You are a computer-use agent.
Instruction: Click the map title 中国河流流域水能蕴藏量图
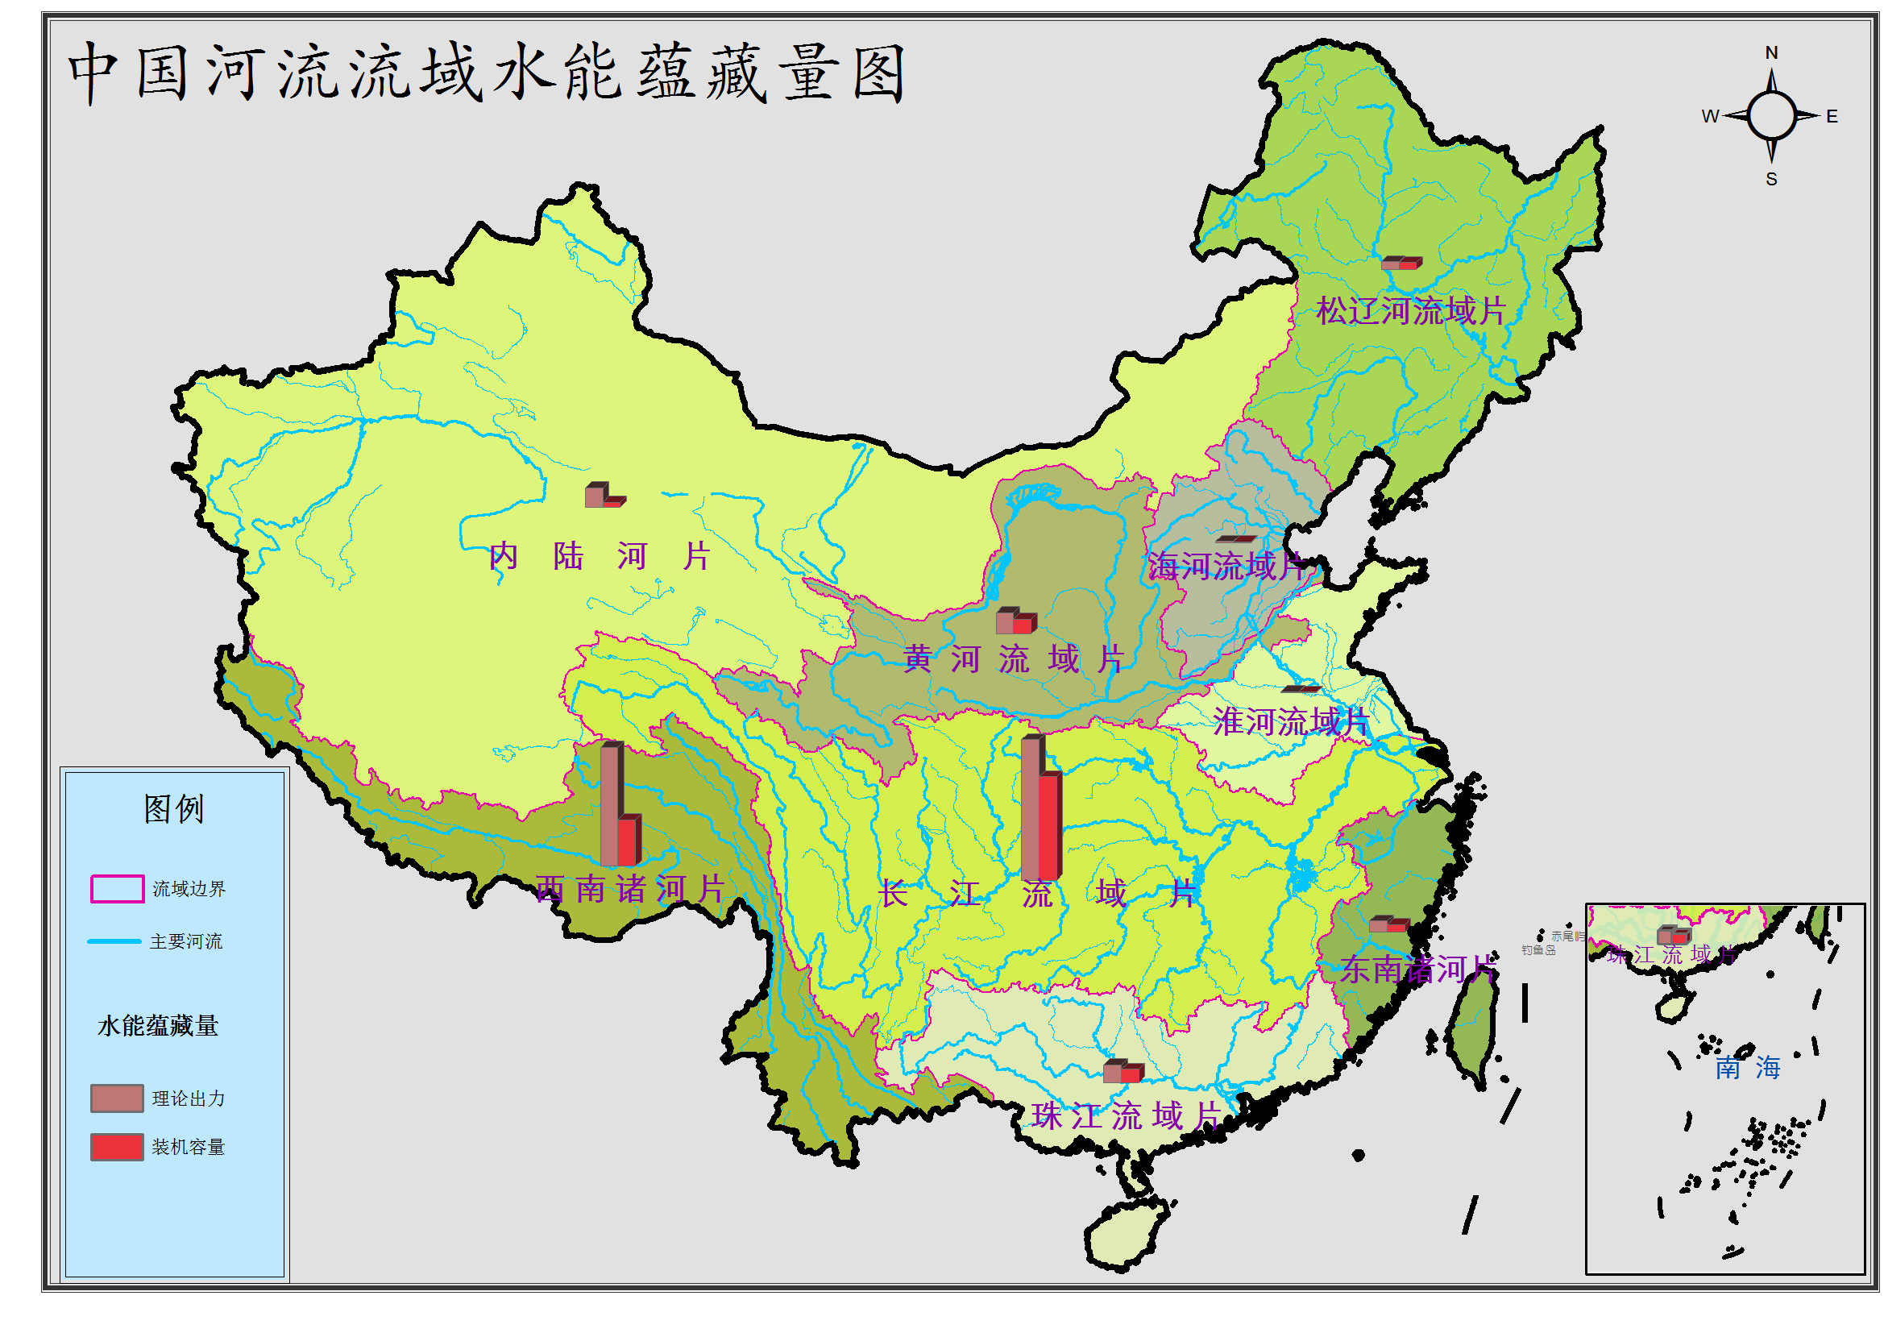click(487, 74)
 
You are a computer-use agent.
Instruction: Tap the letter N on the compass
click(1771, 52)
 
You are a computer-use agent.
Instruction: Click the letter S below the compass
click(1771, 180)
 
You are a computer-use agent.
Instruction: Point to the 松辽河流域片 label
click(1410, 311)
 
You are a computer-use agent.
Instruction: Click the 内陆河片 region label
click(599, 557)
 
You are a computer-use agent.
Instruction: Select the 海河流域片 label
click(1225, 567)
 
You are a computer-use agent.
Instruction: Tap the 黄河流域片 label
click(1014, 659)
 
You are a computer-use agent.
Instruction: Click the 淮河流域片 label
click(1291, 722)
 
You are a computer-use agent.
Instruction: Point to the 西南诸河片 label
click(629, 889)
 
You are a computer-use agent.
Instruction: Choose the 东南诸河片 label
click(1417, 970)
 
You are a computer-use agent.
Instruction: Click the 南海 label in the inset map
click(1747, 1068)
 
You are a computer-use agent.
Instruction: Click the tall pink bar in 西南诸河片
click(609, 805)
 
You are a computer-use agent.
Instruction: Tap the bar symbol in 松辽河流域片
click(1401, 264)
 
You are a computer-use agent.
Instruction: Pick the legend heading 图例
click(173, 809)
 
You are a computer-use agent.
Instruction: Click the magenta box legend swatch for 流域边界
click(117, 889)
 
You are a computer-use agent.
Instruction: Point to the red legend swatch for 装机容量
click(117, 1147)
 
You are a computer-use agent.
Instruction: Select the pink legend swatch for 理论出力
click(117, 1098)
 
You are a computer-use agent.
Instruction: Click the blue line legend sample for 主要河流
click(114, 941)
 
